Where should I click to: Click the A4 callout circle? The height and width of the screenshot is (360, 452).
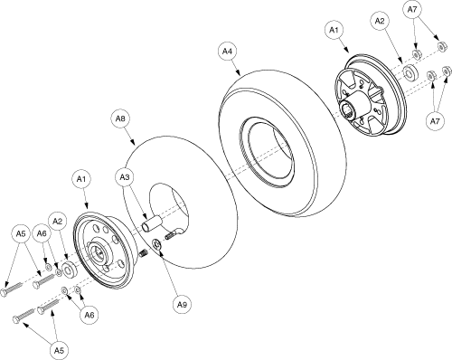click(227, 52)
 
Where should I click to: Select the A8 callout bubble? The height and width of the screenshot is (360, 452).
click(120, 118)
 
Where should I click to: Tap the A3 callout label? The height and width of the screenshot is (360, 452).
click(125, 177)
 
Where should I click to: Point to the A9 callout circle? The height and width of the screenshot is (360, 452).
click(182, 305)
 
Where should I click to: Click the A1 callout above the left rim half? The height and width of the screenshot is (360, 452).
click(81, 179)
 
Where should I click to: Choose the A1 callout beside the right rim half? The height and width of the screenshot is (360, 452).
click(334, 30)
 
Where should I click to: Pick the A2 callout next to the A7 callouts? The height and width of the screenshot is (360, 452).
click(380, 21)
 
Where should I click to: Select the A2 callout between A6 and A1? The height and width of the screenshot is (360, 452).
click(57, 222)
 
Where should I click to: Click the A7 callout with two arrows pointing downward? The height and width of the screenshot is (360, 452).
click(412, 9)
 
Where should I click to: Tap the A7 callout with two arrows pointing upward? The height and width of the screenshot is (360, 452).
click(434, 121)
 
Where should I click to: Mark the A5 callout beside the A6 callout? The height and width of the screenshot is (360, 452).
click(21, 233)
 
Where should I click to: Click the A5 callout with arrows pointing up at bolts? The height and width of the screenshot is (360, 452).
click(59, 350)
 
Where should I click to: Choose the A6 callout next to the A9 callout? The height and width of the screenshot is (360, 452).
click(89, 315)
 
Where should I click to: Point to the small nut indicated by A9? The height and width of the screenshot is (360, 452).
click(157, 244)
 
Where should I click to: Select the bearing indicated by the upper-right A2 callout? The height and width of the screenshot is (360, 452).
click(410, 73)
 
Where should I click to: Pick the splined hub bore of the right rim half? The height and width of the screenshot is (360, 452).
click(346, 109)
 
